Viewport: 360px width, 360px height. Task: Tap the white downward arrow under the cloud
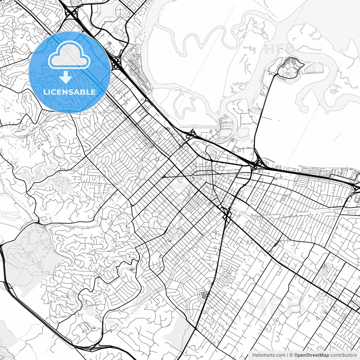coord(66,77)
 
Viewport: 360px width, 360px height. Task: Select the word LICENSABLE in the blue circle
coord(69,92)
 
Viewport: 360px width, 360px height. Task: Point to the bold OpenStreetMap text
coord(312,355)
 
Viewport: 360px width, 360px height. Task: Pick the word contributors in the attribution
coord(343,355)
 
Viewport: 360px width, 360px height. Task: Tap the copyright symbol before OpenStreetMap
coord(291,355)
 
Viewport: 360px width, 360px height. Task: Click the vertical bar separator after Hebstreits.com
coord(287,355)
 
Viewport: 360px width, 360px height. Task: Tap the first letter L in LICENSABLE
coord(45,92)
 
